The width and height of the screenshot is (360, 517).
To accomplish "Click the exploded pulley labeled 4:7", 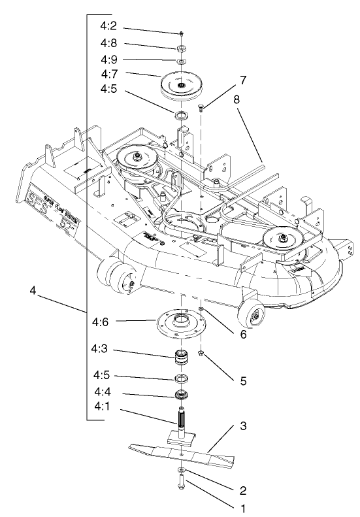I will tap(180, 83).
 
